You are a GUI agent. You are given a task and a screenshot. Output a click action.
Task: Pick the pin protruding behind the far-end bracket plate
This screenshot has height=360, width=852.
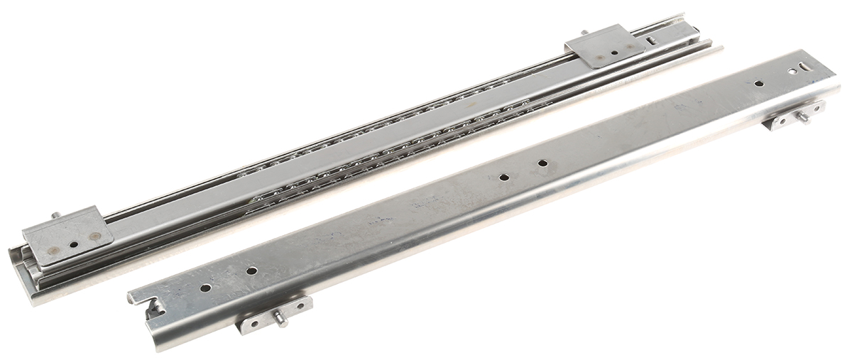click(584, 33)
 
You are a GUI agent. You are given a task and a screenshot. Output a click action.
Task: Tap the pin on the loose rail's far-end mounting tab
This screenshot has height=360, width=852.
click(804, 117)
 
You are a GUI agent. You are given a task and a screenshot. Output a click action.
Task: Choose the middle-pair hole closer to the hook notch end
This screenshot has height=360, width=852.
click(503, 177)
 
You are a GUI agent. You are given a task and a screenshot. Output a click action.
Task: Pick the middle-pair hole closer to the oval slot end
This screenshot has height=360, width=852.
click(542, 163)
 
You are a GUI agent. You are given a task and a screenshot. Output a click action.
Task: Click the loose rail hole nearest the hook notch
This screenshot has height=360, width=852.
click(205, 288)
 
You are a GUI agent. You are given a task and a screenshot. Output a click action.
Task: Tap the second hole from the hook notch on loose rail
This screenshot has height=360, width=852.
click(251, 271)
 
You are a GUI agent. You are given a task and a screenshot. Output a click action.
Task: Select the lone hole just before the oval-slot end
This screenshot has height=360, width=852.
click(758, 83)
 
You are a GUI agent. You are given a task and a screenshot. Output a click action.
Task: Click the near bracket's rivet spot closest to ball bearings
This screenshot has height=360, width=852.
click(95, 236)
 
